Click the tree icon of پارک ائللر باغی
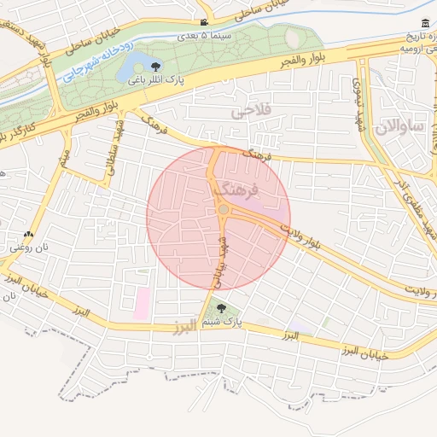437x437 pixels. coord(154,67)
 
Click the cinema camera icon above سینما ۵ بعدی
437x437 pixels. coord(203,22)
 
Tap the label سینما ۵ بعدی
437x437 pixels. coord(203,36)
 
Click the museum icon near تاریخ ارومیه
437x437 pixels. coord(425,23)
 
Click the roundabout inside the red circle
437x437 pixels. coord(223,209)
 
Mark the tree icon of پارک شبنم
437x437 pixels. coord(222,309)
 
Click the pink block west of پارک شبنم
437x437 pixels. coord(141,304)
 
